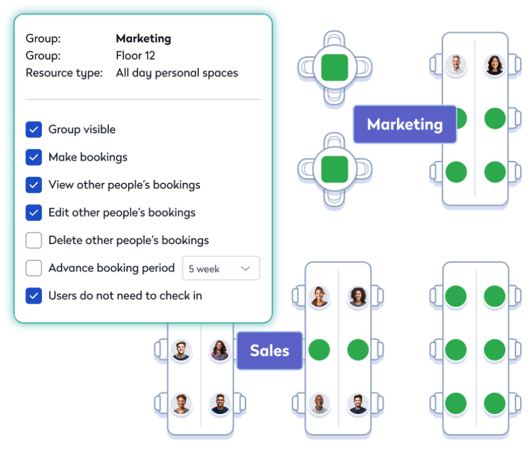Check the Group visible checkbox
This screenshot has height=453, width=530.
[x=33, y=129]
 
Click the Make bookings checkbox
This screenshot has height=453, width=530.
[x=33, y=157]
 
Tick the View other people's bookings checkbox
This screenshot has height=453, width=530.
[x=33, y=185]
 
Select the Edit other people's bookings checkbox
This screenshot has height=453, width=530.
[x=33, y=213]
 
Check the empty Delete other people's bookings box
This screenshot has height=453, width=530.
[x=33, y=240]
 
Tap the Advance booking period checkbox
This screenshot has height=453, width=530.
[x=33, y=268]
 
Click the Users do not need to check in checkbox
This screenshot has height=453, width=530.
[x=33, y=296]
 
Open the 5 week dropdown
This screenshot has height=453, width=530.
[x=221, y=268]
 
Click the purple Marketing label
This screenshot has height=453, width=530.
[x=405, y=124]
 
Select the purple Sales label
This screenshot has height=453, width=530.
[x=269, y=350]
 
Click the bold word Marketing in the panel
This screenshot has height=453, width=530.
[x=143, y=38]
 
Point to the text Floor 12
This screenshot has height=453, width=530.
[x=135, y=56]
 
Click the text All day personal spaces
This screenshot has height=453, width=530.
[x=177, y=73]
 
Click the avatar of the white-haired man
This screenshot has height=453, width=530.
[x=456, y=64]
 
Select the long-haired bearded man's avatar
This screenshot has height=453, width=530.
[x=219, y=350]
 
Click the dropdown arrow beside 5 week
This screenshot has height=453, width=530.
[x=246, y=268]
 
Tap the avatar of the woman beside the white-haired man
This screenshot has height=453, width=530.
[x=495, y=64]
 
